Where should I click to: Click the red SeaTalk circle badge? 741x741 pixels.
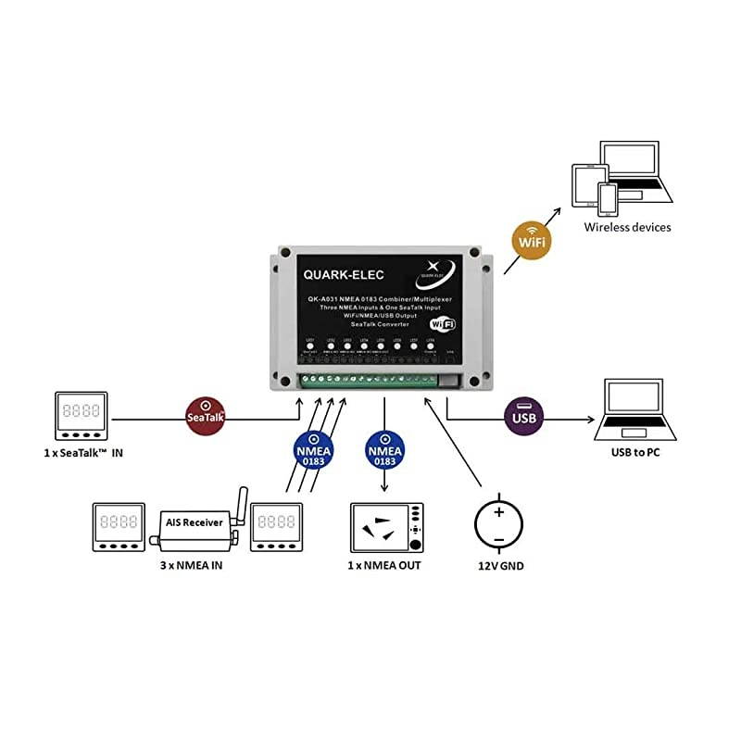[206, 415]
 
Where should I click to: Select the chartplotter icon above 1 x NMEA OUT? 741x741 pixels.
[386, 528]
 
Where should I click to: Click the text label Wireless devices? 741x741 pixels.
[627, 227]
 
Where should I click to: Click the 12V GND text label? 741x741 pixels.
[499, 565]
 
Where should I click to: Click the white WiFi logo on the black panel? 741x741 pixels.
[443, 323]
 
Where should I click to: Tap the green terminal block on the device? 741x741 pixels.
[370, 379]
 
